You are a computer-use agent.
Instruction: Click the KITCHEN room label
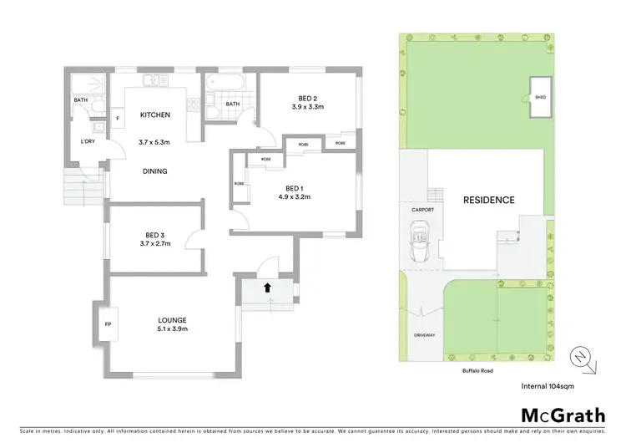(154, 115)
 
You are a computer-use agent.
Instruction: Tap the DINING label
(154, 171)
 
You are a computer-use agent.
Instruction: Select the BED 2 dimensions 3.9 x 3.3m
(307, 107)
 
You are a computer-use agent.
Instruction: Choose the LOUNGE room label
(173, 319)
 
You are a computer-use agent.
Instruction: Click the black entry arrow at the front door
(267, 287)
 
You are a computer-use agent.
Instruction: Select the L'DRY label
(87, 142)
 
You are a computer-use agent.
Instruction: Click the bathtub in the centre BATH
(226, 84)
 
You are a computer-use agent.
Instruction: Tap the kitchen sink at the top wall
(156, 81)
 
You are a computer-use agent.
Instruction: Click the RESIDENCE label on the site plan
(488, 201)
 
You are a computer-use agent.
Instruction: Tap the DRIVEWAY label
(424, 335)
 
